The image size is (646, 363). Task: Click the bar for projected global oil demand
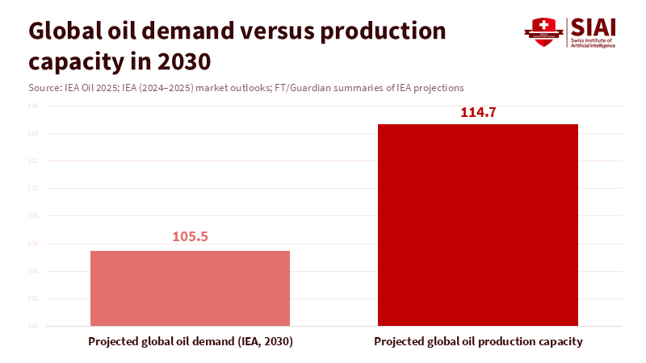point(190,288)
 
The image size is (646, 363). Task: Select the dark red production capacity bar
point(478,225)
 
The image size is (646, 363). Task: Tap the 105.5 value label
point(190,237)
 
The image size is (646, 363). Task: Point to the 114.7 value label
point(478,112)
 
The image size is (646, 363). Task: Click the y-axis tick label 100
point(33,327)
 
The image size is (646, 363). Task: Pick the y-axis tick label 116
point(33,106)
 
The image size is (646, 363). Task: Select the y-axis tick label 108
point(33,216)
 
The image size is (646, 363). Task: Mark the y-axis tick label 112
point(33,161)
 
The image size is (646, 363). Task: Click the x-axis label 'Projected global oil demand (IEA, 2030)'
point(190,342)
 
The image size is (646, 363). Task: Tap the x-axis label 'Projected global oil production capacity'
point(478,342)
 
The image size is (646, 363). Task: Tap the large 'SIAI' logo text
point(594,27)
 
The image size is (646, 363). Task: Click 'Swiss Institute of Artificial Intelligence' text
point(594,43)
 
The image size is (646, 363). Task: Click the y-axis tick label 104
point(33,271)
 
